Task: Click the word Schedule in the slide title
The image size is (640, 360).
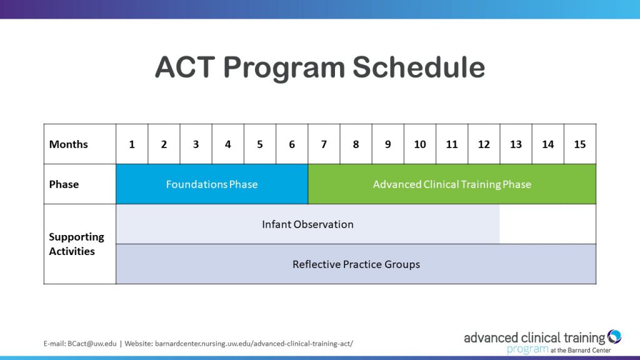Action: [419, 67]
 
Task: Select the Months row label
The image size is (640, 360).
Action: [69, 144]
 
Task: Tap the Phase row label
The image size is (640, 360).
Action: [64, 184]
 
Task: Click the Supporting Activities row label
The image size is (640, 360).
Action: [76, 244]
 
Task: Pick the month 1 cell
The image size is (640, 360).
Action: [132, 144]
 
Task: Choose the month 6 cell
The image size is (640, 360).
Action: [292, 144]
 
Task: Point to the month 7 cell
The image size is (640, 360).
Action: [324, 144]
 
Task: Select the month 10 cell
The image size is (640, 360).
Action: [420, 144]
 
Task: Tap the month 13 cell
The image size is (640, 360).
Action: [516, 144]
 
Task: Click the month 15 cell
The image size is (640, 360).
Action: [580, 144]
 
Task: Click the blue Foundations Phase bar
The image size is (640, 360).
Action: [212, 184]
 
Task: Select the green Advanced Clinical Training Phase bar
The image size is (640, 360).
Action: [452, 184]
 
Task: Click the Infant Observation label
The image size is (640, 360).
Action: [307, 224]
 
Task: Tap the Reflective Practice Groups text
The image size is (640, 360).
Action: [356, 264]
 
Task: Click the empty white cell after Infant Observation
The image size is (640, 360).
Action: [547, 224]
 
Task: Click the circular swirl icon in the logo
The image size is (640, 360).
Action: [614, 337]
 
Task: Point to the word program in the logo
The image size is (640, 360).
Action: [527, 350]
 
